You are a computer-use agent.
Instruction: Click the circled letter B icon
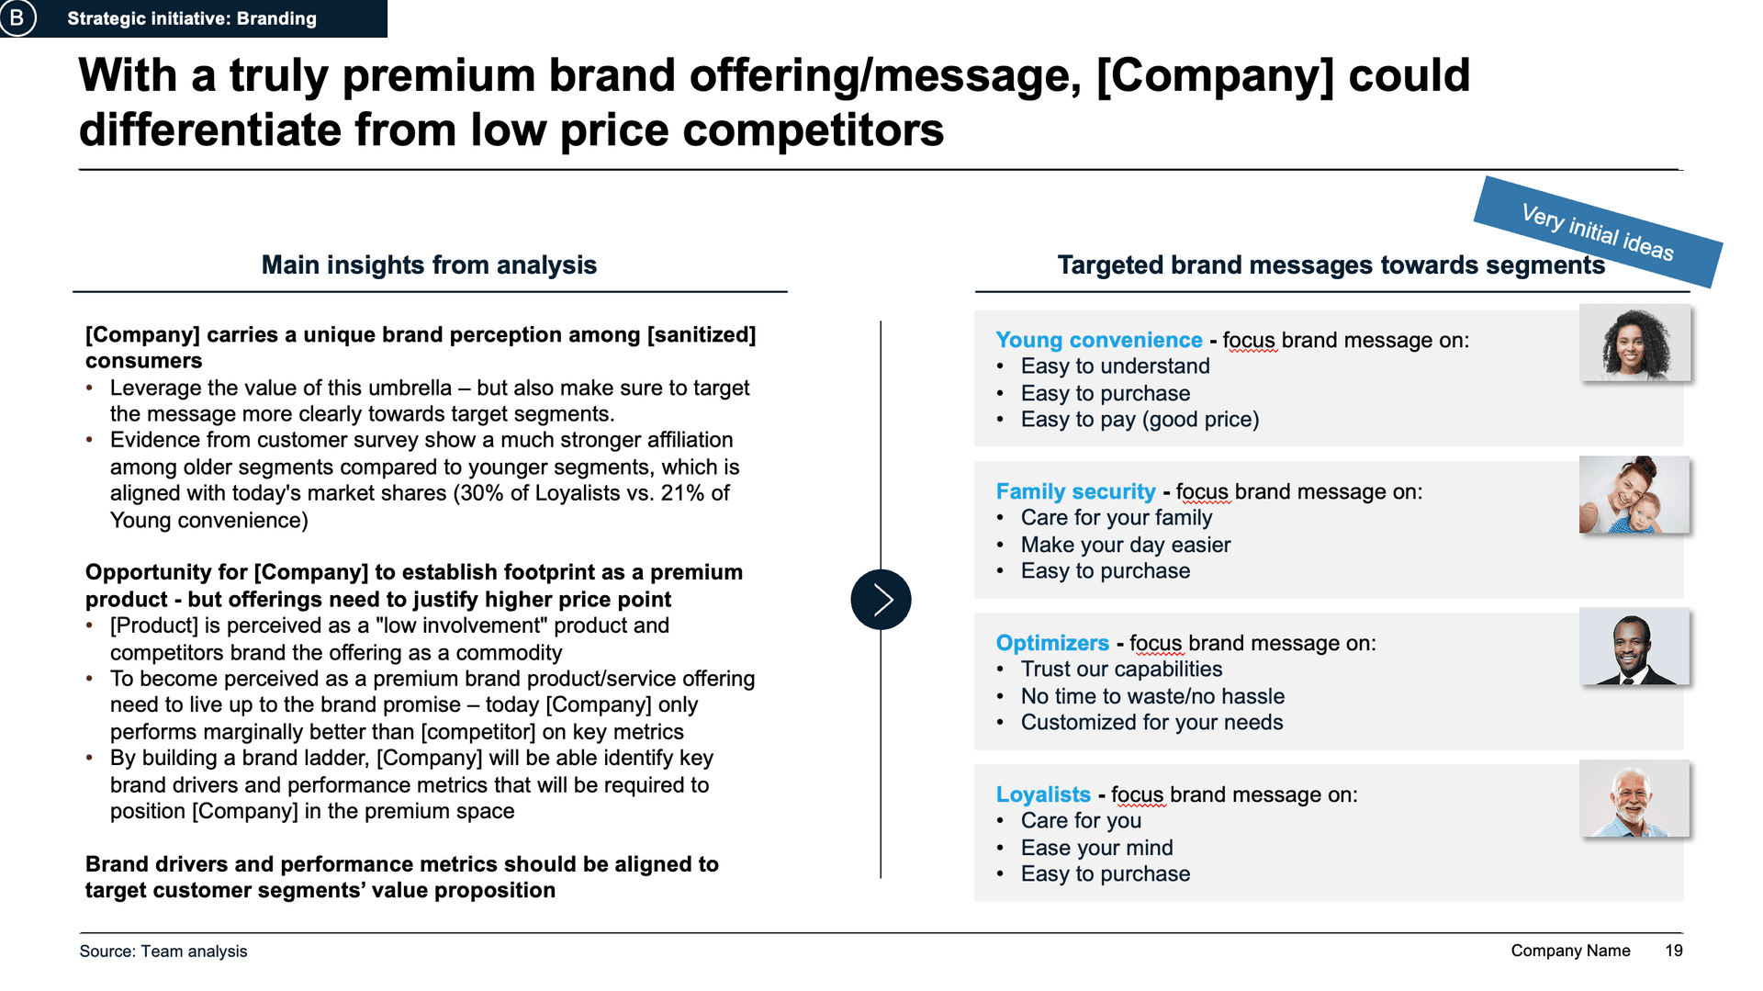tap(17, 17)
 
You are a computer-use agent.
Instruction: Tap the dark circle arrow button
tap(881, 600)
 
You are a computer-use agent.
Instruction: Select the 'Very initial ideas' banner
tap(1598, 232)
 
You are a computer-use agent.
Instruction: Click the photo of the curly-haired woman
tap(1634, 343)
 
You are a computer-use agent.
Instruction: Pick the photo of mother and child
tap(1634, 494)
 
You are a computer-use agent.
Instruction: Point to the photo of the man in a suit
tap(1634, 646)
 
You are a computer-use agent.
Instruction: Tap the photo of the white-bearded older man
tap(1634, 797)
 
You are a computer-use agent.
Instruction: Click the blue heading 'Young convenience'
tap(1099, 340)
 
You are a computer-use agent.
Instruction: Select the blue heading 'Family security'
tap(1076, 491)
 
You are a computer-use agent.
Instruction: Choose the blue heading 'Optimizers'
tap(1053, 643)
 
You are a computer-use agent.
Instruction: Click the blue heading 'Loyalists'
tap(1044, 794)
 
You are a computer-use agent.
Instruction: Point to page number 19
tap(1674, 951)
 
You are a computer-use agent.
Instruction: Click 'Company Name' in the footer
tap(1571, 951)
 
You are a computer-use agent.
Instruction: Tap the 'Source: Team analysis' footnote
tap(163, 952)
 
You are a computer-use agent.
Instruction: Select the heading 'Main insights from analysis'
tap(429, 265)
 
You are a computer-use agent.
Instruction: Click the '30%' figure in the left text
tap(481, 493)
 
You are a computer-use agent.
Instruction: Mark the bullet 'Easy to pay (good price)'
tap(1140, 420)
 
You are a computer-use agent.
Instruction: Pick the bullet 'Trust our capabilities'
tap(1122, 670)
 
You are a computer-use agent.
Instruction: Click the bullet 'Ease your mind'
tap(1097, 848)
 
